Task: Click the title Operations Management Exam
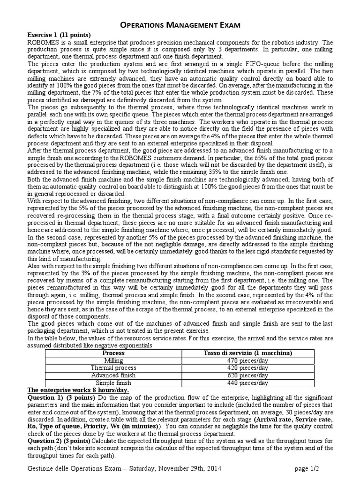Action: [x=180, y=25]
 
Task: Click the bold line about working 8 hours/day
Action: [x=78, y=390]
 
